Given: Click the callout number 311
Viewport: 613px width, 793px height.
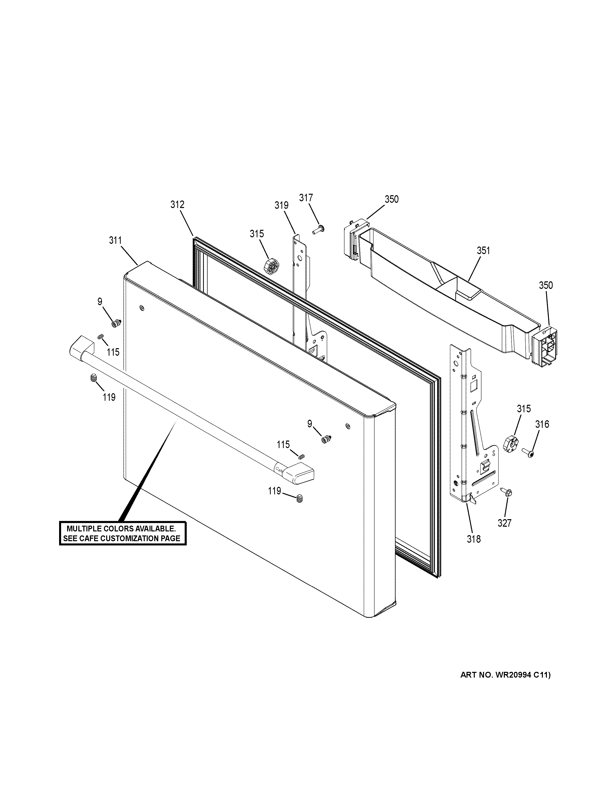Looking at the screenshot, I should (115, 240).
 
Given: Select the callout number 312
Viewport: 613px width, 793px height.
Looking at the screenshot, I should (178, 205).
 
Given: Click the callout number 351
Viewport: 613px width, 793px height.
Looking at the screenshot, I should (483, 251).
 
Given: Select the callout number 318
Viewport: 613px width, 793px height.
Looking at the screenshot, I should (474, 539).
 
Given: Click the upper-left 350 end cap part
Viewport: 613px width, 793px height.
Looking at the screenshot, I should (351, 240).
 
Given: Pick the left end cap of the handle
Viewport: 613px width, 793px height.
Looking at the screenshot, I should (81, 347).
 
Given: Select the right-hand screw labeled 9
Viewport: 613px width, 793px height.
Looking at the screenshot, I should (325, 439).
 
